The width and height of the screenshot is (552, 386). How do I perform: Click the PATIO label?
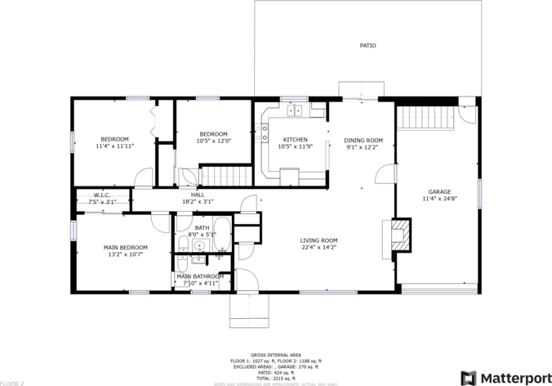[368, 46]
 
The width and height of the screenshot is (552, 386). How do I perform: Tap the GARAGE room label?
[439, 192]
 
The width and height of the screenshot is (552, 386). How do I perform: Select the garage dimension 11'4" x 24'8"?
[439, 199]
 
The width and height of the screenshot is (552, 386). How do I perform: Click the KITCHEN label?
[295, 140]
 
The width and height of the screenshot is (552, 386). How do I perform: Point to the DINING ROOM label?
[363, 140]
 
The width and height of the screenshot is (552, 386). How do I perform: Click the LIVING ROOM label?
[318, 240]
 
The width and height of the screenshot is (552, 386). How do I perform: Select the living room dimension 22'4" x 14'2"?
[318, 247]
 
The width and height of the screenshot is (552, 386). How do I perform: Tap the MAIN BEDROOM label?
[125, 247]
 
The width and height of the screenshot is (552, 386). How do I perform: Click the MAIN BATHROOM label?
[199, 276]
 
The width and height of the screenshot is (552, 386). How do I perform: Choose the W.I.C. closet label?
[102, 195]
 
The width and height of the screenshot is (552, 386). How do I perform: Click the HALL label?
[198, 195]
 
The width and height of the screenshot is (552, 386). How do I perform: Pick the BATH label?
[202, 227]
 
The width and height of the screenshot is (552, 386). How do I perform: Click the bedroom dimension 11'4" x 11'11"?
[114, 146]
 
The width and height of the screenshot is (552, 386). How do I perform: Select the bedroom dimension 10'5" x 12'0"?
[213, 141]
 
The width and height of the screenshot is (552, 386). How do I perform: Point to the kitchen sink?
[294, 109]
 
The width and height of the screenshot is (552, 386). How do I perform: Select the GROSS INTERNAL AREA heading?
[275, 356]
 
